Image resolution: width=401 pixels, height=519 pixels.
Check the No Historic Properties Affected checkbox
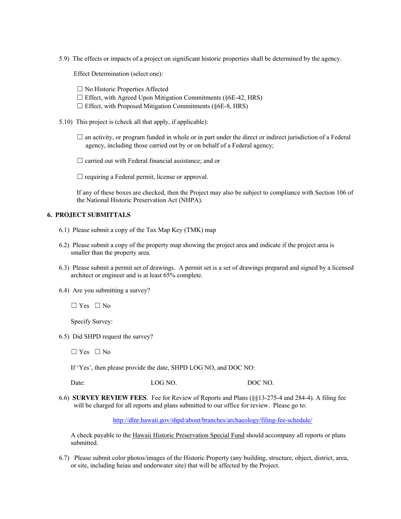(80, 89)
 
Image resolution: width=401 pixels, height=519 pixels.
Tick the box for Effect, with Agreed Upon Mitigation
(80, 97)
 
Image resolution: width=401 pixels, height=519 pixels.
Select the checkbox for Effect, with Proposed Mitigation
(80, 106)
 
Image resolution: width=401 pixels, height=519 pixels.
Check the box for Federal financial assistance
(80, 161)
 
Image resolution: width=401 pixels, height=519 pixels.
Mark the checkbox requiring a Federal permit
(80, 177)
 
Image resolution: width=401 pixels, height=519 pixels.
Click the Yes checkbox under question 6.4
(74, 305)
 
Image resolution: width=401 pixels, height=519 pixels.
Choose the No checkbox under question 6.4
(98, 305)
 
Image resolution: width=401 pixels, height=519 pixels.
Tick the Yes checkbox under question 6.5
(74, 352)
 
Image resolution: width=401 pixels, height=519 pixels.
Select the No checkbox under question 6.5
(98, 352)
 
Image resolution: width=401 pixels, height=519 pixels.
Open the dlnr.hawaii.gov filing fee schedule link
(212, 420)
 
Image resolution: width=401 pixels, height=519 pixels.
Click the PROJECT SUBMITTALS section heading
(92, 215)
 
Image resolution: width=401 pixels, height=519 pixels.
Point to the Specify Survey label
(92, 322)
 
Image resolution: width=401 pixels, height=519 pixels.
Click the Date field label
(78, 383)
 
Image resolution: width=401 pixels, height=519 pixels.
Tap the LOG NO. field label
(164, 383)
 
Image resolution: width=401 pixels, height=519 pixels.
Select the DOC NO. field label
(260, 383)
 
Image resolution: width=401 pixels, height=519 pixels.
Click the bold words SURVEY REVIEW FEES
(110, 397)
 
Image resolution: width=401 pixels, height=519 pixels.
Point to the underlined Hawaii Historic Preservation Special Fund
(188, 435)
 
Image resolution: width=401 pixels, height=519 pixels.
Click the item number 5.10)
(66, 122)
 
